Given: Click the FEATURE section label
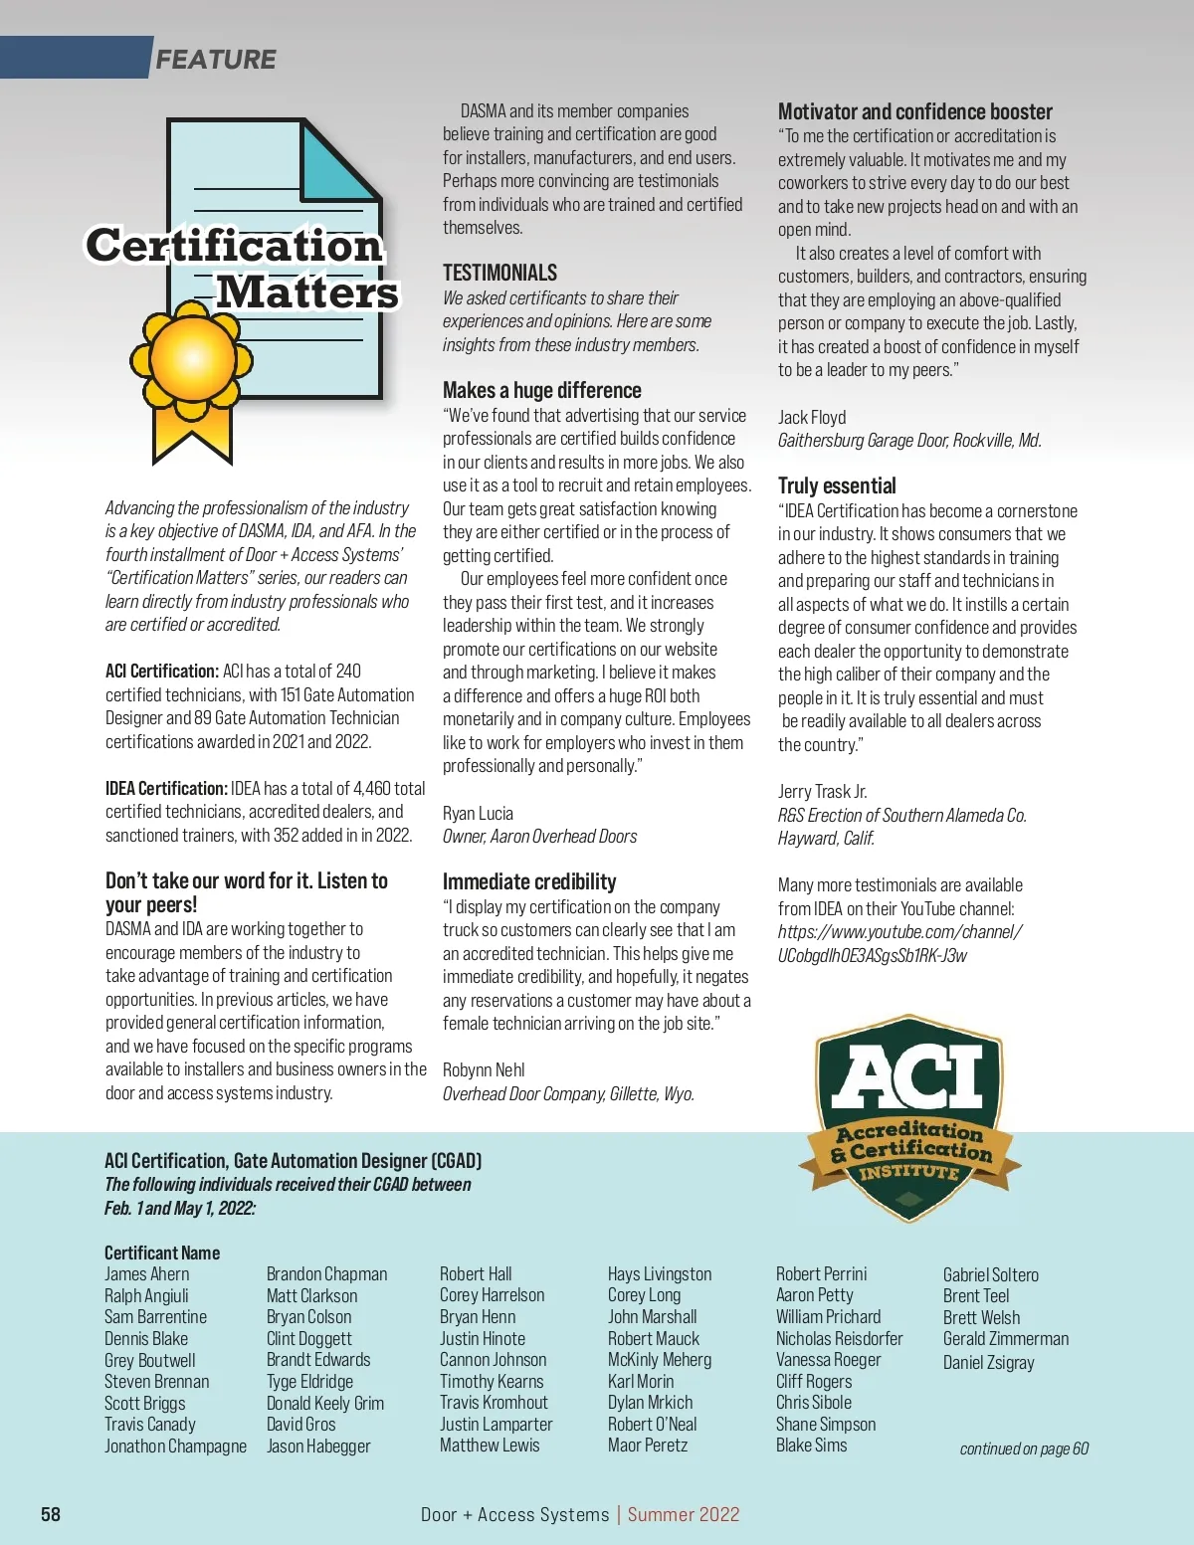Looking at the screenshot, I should click(215, 60).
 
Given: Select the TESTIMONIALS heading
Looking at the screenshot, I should click(499, 273).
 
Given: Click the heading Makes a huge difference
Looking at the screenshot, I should click(541, 390).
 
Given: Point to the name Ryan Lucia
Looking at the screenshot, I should click(478, 813).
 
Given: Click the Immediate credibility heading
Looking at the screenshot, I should click(528, 881).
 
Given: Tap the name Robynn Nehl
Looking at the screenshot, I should click(484, 1070).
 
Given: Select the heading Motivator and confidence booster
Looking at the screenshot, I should click(914, 111).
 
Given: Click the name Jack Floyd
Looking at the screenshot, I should click(812, 417).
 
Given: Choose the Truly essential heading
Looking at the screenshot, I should click(837, 485).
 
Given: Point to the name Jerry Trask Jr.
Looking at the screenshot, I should click(822, 792).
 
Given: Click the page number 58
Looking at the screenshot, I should click(51, 1514).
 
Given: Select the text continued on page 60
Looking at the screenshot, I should click(1024, 1448).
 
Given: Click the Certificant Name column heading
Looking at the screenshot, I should click(162, 1253).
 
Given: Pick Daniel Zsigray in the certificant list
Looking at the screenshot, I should click(988, 1362).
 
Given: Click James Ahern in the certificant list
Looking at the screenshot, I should click(146, 1274).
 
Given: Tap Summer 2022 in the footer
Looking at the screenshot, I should click(683, 1514).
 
